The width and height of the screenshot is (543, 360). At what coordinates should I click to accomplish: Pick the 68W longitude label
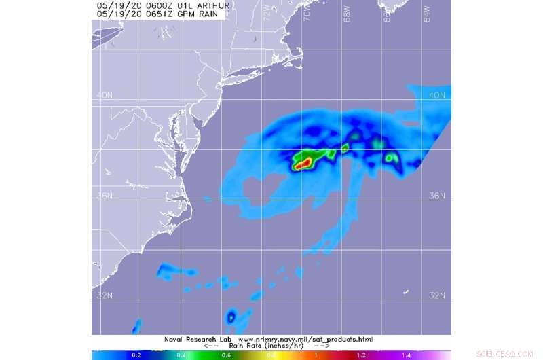(347, 12)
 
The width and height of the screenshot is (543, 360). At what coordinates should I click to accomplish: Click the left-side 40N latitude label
(104, 95)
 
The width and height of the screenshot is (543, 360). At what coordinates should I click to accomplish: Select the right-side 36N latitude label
(438, 196)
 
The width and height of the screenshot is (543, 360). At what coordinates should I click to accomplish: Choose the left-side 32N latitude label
(104, 295)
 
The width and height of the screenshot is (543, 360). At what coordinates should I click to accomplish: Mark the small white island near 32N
(406, 292)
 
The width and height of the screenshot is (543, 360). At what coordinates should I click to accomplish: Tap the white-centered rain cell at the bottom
(231, 316)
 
